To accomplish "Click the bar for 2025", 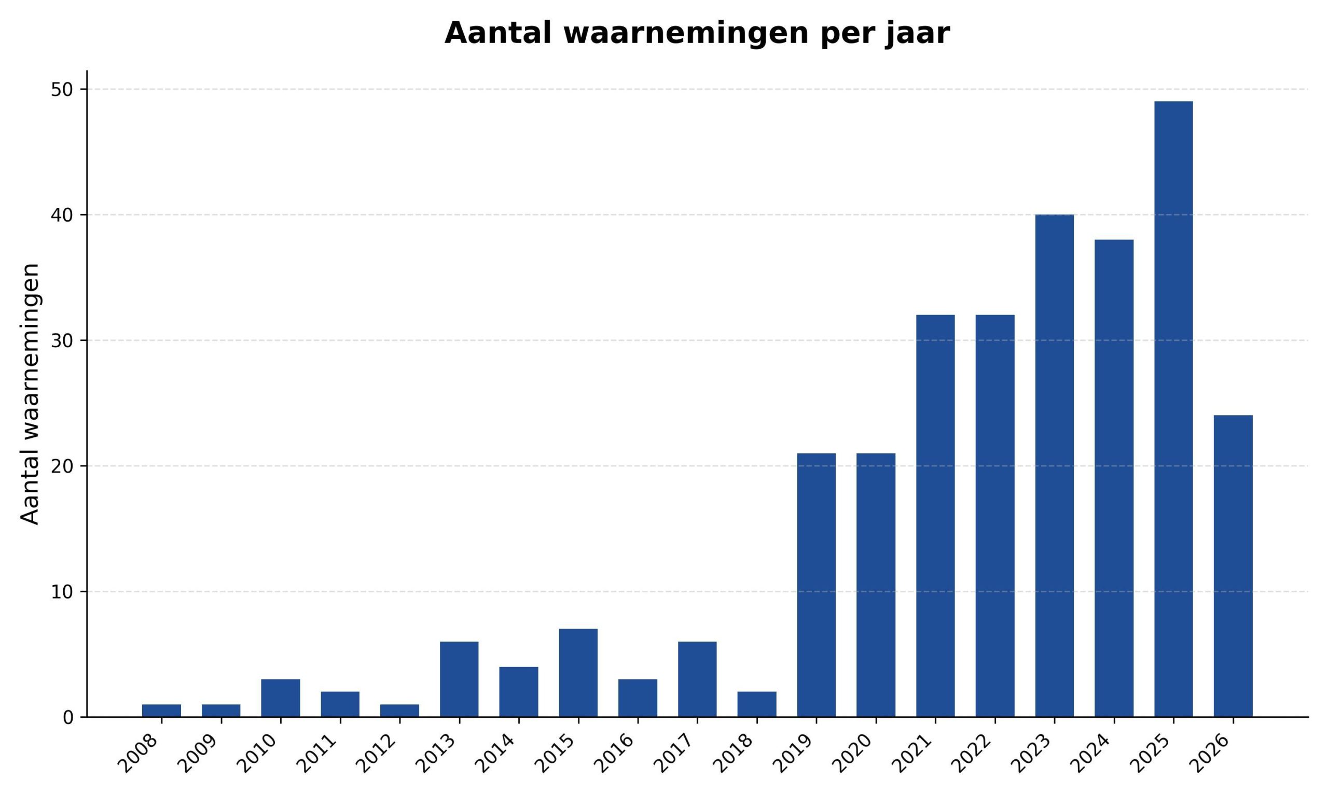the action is click(1173, 409).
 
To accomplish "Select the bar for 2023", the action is click(1054, 465).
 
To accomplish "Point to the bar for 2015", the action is click(578, 673).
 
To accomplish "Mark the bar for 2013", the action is click(459, 679).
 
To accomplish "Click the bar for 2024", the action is click(1114, 478).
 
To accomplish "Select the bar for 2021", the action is click(935, 516).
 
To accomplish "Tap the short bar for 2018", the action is click(757, 704).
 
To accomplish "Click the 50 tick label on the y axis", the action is click(62, 90).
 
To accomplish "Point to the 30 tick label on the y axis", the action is click(62, 340).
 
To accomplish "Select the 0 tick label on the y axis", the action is click(68, 718).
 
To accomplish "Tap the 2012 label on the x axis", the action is click(377, 753).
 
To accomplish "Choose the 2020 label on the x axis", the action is click(853, 753).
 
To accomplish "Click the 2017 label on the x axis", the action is click(674, 753).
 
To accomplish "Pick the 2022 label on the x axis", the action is click(972, 753).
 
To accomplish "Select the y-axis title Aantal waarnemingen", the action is click(30, 394).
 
